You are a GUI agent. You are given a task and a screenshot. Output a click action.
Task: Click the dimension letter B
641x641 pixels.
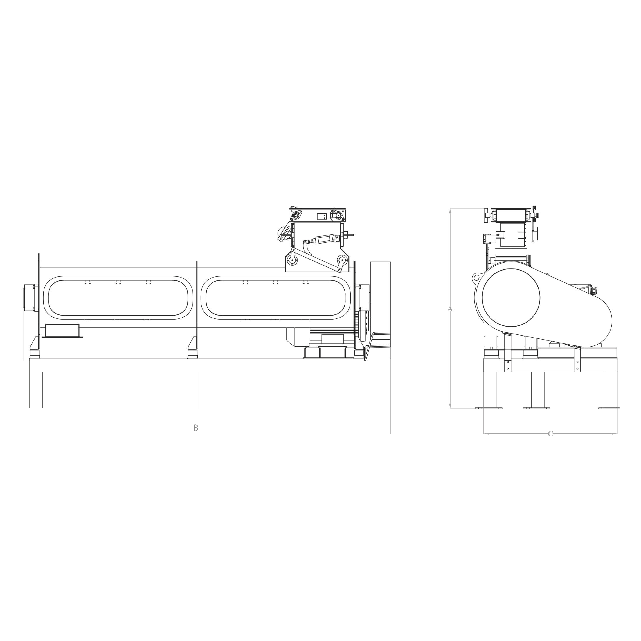click(x=195, y=428)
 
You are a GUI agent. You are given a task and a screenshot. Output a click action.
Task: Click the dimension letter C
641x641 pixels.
click(x=550, y=434)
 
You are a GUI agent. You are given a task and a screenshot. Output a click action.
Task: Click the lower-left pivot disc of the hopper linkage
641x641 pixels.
click(x=292, y=260)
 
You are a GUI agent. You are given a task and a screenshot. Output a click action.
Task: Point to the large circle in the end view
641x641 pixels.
click(x=511, y=298)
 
